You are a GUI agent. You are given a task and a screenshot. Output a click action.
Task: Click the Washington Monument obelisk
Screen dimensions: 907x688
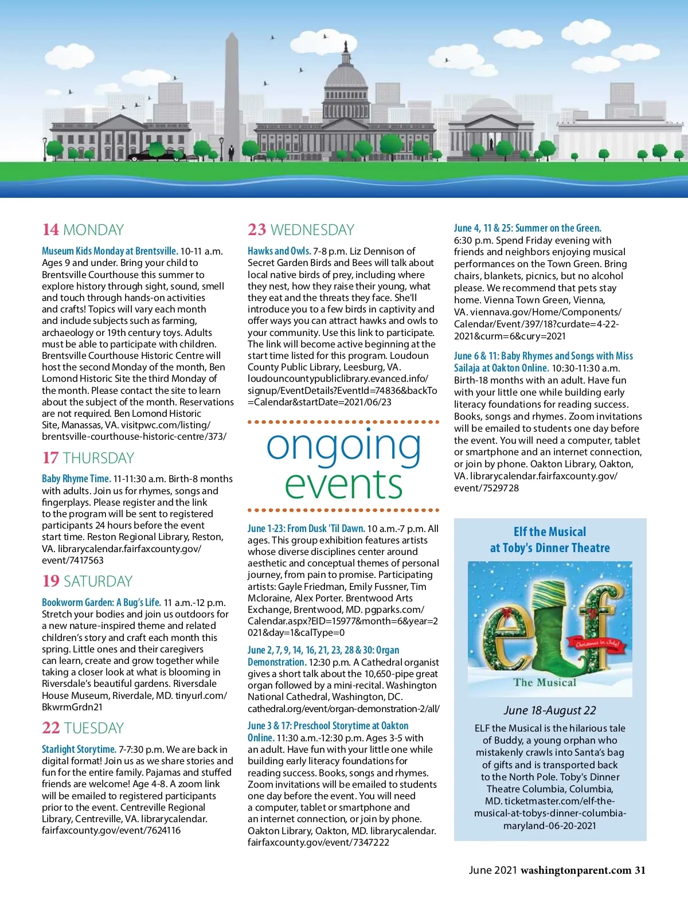pyautogui.click(x=232, y=92)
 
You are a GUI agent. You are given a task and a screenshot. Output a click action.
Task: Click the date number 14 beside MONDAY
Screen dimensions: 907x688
pyautogui.click(x=50, y=230)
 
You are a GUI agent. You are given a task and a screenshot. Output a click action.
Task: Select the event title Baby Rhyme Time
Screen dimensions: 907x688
pyautogui.click(x=76, y=479)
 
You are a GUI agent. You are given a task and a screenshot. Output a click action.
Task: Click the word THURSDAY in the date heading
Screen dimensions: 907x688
pyautogui.click(x=99, y=458)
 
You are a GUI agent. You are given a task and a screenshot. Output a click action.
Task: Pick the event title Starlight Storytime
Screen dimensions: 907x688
pyautogui.click(x=79, y=749)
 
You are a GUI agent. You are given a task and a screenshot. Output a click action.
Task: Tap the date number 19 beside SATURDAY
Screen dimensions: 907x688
pyautogui.click(x=50, y=581)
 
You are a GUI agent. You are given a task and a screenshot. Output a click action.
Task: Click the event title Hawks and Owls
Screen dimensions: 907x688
pyautogui.click(x=279, y=251)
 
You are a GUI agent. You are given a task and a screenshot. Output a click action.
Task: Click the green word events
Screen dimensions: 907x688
pyautogui.click(x=343, y=484)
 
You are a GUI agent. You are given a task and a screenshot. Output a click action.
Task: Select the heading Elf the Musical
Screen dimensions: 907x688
pyautogui.click(x=550, y=532)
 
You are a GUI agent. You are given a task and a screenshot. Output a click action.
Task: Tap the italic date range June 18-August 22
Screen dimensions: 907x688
pyautogui.click(x=550, y=710)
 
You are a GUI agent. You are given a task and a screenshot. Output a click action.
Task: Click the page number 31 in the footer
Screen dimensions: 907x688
pyautogui.click(x=640, y=870)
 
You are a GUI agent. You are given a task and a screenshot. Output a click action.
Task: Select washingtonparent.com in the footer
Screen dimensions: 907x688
pyautogui.click(x=576, y=870)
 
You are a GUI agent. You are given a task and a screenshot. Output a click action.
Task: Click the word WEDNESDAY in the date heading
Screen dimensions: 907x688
pyautogui.click(x=312, y=230)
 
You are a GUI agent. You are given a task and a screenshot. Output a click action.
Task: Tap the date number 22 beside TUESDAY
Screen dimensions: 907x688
pyautogui.click(x=50, y=728)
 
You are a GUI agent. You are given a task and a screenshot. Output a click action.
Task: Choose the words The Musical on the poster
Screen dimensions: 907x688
pyautogui.click(x=545, y=682)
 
